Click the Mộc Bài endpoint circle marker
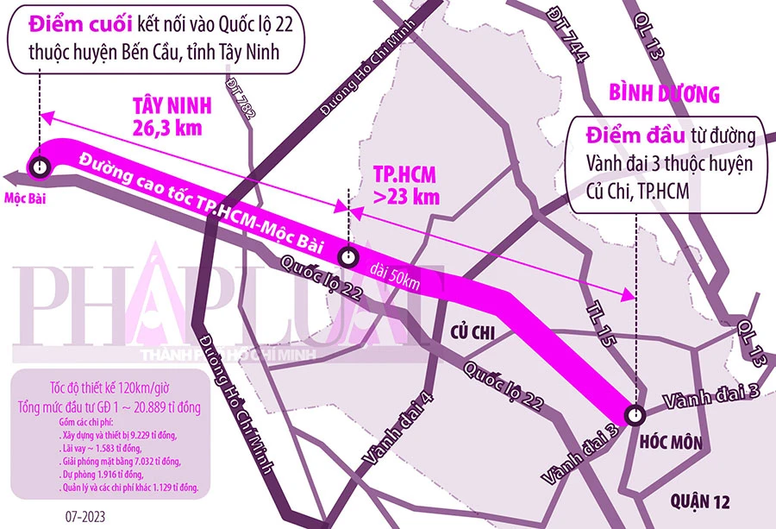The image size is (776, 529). pyautogui.click(x=40, y=166)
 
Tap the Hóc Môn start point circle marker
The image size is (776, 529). pyautogui.click(x=635, y=414)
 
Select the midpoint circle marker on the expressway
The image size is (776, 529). pyautogui.click(x=347, y=255)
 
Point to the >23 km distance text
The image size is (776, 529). pyautogui.click(x=407, y=196)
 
